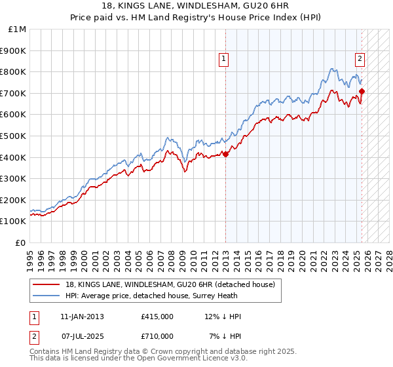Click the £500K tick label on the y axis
coord(14,136)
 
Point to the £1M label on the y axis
coord(18,29)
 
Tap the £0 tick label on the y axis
coord(21,242)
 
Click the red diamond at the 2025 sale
coord(362,91)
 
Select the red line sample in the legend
coord(47,284)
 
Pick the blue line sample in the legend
coord(47,296)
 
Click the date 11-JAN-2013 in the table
coord(82,317)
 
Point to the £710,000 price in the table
coord(157,336)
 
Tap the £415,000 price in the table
coord(157,317)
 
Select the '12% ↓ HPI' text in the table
coord(223,317)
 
